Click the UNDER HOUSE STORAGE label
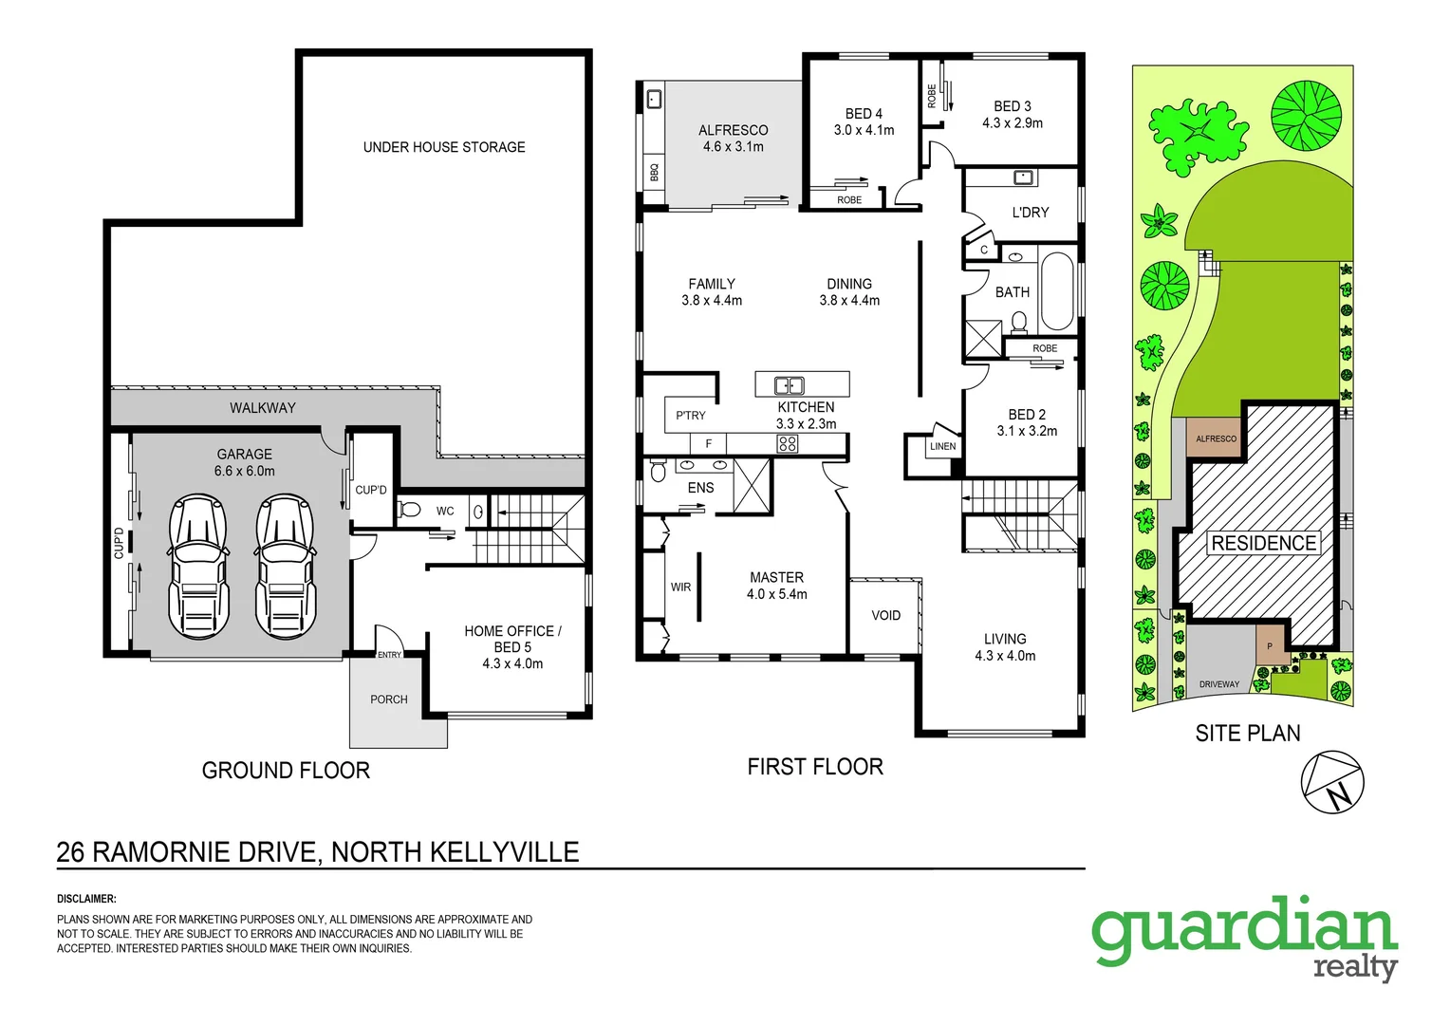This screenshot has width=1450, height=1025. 444,147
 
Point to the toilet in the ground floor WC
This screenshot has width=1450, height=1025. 409,510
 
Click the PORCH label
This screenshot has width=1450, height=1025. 389,699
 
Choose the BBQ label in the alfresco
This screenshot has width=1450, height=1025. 654,172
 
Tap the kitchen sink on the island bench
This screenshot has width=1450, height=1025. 789,385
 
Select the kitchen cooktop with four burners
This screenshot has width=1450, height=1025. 788,443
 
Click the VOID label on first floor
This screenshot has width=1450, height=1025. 886,616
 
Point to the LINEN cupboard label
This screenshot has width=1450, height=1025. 943,446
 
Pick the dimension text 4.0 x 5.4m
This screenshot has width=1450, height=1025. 777,594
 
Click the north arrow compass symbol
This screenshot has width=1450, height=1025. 1332,782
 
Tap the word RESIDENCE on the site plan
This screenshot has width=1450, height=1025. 1264,543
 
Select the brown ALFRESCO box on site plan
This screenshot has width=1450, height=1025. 1216,438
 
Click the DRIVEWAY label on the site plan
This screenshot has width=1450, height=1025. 1219,684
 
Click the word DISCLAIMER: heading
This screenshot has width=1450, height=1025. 86,899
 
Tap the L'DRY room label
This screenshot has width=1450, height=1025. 1031,213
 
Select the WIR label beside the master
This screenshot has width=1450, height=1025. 680,587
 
